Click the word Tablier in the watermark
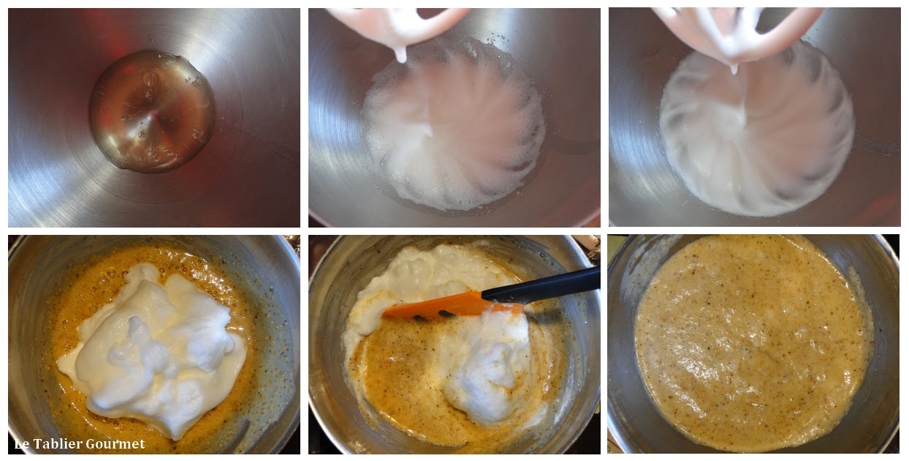tap(58, 443)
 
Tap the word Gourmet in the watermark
tap(115, 443)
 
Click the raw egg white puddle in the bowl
tap(152, 111)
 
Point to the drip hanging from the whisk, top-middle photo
tap(400, 55)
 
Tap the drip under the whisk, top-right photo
tap(734, 69)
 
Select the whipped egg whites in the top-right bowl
tap(757, 130)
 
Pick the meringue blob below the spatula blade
tap(487, 366)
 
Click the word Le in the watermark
tap(21, 443)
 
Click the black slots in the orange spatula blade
tap(432, 316)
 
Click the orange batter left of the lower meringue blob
tap(402, 374)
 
